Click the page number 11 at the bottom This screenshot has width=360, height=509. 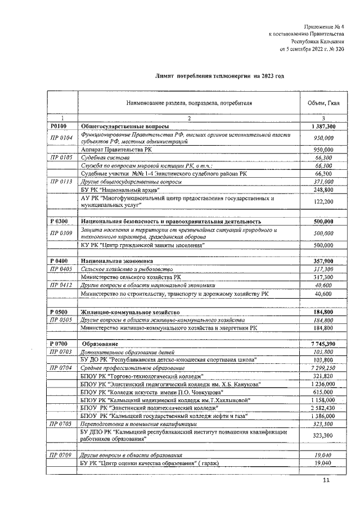pos(326,480)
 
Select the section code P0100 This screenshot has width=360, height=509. pos(58,127)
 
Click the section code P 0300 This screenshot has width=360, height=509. pos(59,222)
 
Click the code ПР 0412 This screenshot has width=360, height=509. pos(62,285)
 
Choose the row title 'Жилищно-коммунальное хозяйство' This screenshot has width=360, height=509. pos(130,312)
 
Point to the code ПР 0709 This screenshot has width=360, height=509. pos(62,454)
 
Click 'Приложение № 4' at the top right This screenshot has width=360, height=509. pos(323,26)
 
